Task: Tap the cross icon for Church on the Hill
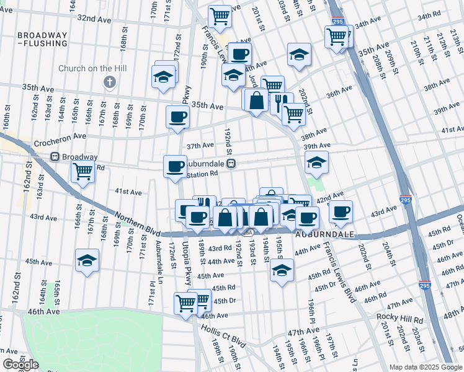[x=110, y=82]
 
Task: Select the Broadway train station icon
[x=55, y=157]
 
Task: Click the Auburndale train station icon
[x=231, y=164]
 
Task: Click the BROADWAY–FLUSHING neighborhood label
[x=42, y=40]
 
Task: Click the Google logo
[x=20, y=365]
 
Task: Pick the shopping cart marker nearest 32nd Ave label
[x=220, y=17]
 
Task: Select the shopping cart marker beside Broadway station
[x=83, y=171]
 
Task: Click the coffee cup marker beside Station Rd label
[x=175, y=166]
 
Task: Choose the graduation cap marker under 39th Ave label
[x=316, y=163]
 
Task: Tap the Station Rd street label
[x=203, y=175]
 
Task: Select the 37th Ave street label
[x=200, y=146]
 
